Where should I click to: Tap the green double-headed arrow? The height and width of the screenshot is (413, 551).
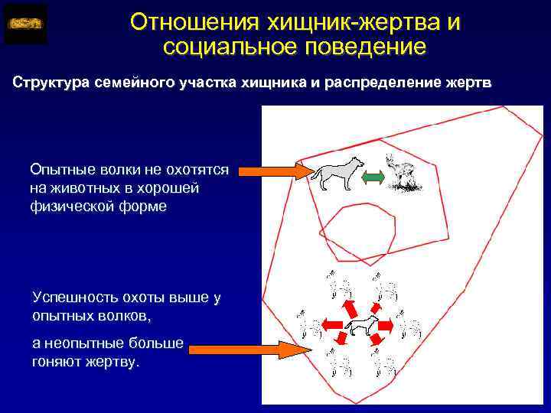click(373, 177)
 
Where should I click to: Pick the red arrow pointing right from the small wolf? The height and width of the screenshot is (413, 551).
click(386, 326)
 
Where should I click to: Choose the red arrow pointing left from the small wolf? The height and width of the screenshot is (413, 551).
click(334, 326)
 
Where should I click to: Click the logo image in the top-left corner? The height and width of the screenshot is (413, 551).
click(26, 24)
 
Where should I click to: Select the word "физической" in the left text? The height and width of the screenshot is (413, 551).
click(72, 206)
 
